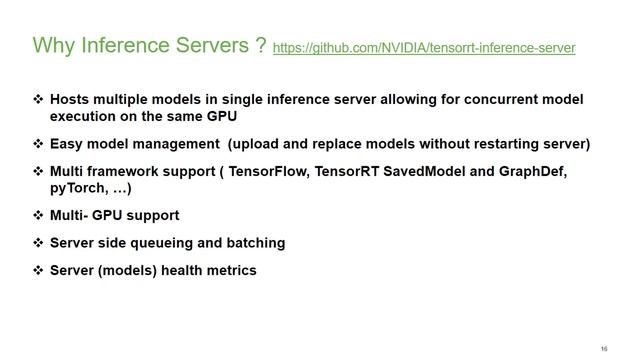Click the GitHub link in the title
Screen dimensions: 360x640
point(423,48)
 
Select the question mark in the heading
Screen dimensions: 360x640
point(259,46)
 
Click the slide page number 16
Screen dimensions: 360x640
point(604,348)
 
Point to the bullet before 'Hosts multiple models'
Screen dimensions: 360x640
point(38,100)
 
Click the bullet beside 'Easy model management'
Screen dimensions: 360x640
point(38,143)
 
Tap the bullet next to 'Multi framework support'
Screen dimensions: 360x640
point(38,172)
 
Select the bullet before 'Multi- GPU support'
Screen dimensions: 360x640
point(38,215)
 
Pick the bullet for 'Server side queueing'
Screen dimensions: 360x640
point(38,243)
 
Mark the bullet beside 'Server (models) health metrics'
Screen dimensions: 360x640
point(38,270)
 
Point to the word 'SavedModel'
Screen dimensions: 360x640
point(423,172)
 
